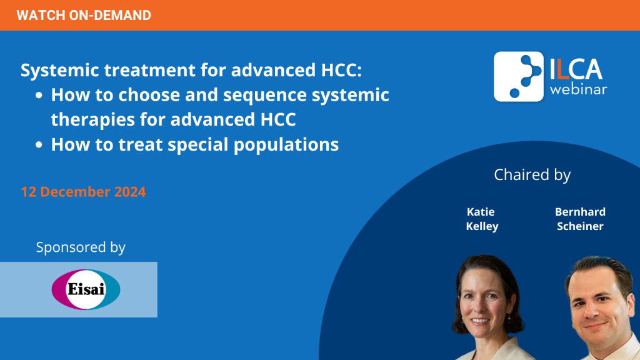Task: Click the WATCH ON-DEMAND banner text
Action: tap(84, 16)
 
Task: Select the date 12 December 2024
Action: tap(83, 192)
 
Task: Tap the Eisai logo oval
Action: tap(86, 289)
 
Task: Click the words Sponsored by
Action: tap(81, 247)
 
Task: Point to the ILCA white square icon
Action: tap(518, 76)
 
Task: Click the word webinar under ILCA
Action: tap(578, 89)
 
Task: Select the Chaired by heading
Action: tap(532, 175)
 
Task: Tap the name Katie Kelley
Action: tap(482, 219)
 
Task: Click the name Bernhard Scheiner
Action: tap(580, 219)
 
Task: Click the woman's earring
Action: tap(509, 317)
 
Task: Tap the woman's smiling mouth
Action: tap(481, 321)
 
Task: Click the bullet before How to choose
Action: tap(39, 96)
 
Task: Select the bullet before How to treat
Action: tap(39, 145)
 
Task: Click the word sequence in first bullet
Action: tap(265, 96)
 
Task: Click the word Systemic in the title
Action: tap(61, 70)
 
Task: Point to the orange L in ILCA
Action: tap(563, 69)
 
